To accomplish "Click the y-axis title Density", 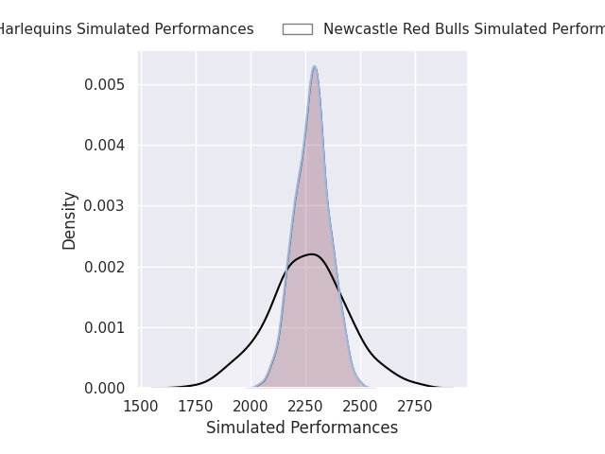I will point(70,220).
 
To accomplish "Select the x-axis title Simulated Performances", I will point(302,428).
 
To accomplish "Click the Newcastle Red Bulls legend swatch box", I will point(297,29).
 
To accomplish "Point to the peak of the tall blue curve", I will point(314,66).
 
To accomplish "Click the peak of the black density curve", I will point(312,253).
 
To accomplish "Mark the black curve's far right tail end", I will point(452,387).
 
